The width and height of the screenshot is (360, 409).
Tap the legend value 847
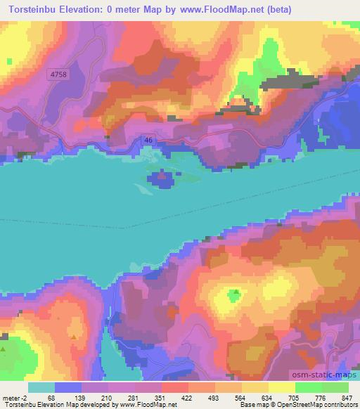(346, 398)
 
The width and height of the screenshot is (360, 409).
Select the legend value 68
(52, 398)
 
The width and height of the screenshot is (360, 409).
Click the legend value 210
(105, 398)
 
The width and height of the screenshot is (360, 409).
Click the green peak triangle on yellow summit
(237, 292)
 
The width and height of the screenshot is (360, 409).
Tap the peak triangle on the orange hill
(74, 337)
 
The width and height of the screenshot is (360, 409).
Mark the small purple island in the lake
(163, 176)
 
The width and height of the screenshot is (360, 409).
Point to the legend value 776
(319, 398)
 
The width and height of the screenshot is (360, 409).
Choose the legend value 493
(212, 398)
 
